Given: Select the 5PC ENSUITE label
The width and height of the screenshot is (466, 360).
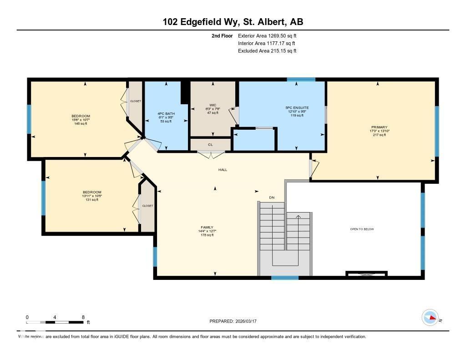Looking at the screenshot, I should point(297,108).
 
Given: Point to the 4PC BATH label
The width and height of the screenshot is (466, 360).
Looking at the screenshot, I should point(166,113).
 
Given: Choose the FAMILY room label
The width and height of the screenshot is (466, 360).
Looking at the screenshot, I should point(207,228).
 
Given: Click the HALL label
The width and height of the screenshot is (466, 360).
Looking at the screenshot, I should point(223,170).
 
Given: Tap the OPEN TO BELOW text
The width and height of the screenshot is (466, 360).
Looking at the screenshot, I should point(362,229).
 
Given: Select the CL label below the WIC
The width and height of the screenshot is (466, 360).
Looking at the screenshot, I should point(210,145).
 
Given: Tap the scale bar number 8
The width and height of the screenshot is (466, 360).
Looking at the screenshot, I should point(83,317).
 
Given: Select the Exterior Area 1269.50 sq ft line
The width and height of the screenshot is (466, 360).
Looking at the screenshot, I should point(267,35).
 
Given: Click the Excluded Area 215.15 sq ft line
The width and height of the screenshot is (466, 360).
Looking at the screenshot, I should point(267,51).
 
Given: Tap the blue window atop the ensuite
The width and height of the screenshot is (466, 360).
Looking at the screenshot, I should point(301,80).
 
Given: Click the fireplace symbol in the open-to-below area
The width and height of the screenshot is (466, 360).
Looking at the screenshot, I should point(366,274).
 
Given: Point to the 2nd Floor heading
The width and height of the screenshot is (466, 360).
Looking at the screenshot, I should point(222,35).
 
